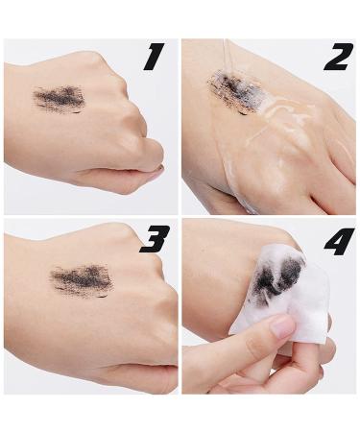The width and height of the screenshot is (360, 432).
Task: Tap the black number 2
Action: coord(339,57)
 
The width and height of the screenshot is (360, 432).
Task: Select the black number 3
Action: coord(155,239)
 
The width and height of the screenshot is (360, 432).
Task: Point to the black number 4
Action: coord(339,241)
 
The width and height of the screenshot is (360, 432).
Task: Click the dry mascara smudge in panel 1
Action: coord(59,96)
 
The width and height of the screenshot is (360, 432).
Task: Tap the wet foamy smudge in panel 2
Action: coord(234,89)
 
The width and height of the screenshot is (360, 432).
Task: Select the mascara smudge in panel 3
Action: coord(81,276)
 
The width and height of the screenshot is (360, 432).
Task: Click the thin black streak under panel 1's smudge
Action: coord(76,112)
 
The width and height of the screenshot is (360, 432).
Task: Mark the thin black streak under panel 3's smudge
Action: coord(101,297)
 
